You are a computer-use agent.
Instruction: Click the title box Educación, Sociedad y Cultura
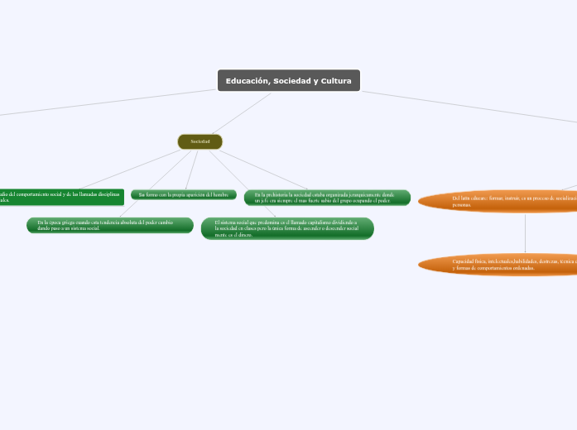288,80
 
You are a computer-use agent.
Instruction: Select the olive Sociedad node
200,141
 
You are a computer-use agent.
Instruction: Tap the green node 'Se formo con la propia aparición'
183,194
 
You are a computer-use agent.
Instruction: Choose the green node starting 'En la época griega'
109,225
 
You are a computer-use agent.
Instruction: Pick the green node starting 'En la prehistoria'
327,197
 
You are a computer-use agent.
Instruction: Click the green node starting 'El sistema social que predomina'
286,229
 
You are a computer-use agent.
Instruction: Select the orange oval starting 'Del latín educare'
497,201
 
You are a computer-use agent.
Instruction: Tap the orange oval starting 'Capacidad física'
497,265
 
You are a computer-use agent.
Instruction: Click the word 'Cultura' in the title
337,81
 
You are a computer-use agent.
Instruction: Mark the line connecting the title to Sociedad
241,113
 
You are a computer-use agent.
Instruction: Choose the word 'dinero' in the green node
244,236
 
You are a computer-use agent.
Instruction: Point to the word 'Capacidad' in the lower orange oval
464,261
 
